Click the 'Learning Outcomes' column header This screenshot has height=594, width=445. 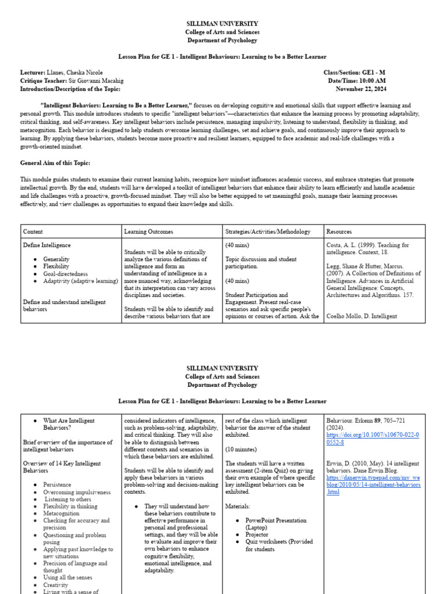(x=148, y=231)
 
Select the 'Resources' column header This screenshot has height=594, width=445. (x=339, y=231)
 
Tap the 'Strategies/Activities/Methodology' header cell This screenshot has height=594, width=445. (x=266, y=231)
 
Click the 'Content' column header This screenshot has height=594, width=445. (x=33, y=231)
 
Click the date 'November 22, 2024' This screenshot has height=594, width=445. (x=361, y=89)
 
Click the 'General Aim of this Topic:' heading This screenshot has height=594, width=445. (x=55, y=163)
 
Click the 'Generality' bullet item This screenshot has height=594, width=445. (x=56, y=259)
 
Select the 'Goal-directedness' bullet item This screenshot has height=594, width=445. (x=65, y=274)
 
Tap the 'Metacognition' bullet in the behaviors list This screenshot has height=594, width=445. (x=61, y=513)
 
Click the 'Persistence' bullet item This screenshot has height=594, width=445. (x=57, y=485)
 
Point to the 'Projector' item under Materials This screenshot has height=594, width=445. (x=257, y=535)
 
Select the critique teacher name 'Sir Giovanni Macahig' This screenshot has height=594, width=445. (x=96, y=81)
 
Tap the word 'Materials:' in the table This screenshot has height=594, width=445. (x=238, y=506)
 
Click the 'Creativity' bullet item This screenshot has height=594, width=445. (x=56, y=585)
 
